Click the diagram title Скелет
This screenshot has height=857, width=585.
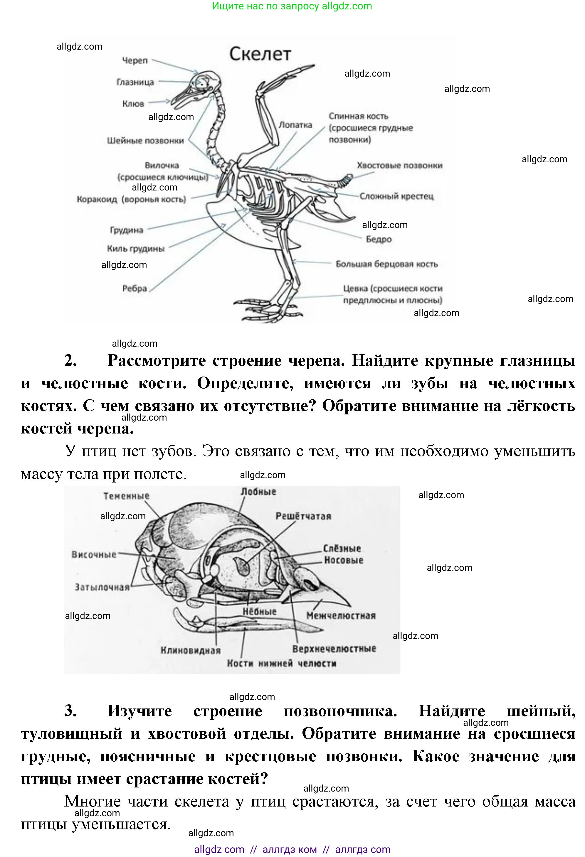pos(260,54)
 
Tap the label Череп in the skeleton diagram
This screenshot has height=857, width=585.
pos(135,60)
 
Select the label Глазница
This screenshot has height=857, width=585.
pos(135,82)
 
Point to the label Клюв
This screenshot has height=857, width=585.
pos(133,104)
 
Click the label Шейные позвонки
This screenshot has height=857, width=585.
pos(145,141)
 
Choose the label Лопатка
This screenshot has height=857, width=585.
pos(295,125)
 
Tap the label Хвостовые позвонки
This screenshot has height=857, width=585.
pos(399,166)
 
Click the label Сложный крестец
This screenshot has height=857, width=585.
pos(396,196)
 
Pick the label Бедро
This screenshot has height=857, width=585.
pos(379,239)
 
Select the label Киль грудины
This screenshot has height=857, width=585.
pos(135,249)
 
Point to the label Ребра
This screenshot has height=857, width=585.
pos(135,289)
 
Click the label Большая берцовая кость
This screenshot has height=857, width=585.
pos(386,264)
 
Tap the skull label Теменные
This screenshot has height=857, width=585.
pos(126,496)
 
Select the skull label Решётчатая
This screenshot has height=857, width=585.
pos(303,516)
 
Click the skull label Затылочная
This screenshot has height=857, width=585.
pos(102,587)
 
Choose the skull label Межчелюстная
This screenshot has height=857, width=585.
pos(341,615)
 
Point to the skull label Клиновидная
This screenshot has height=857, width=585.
pos(190,650)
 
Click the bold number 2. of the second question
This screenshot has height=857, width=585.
pos(70,360)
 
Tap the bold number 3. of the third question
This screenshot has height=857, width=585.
pos(70,711)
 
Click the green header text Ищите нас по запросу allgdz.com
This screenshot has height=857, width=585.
pos(292,6)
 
